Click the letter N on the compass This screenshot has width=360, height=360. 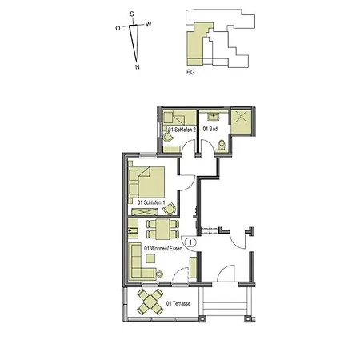pos(138,67)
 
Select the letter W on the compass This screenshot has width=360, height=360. pos(148,25)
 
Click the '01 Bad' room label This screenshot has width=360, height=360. pos(211,128)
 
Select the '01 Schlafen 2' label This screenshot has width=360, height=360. pos(182,128)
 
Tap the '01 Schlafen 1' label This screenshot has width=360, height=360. pos(151,203)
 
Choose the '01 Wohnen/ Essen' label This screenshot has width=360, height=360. pos(162,249)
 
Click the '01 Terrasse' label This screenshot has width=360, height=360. pos(180,304)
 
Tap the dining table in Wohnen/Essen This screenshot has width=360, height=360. pos(163,231)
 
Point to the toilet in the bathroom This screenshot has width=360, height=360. pos(221,145)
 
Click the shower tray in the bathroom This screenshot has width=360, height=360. pos(242,119)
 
